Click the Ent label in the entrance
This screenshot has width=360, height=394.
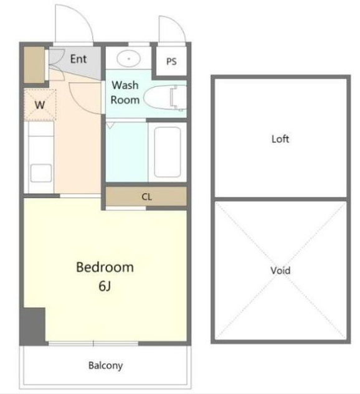[78, 59]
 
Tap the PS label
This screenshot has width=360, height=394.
[171, 62]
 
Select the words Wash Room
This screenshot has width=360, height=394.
[125, 93]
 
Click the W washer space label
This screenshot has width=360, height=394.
[40, 105]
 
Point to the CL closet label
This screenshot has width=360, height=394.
[146, 197]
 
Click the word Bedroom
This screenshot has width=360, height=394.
[105, 267]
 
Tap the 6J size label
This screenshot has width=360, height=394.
[105, 286]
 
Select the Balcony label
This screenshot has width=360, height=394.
[106, 365]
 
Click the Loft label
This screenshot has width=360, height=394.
[280, 139]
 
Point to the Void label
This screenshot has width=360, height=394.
[280, 271]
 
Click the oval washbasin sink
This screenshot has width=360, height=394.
[128, 59]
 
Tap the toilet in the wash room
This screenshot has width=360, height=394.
[164, 98]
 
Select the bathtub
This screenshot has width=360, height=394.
[168, 152]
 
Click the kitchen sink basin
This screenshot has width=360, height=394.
[41, 173]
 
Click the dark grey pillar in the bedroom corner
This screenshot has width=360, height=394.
[32, 326]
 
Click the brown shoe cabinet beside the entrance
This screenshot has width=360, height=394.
[34, 65]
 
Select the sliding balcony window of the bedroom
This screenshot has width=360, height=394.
[93, 344]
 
